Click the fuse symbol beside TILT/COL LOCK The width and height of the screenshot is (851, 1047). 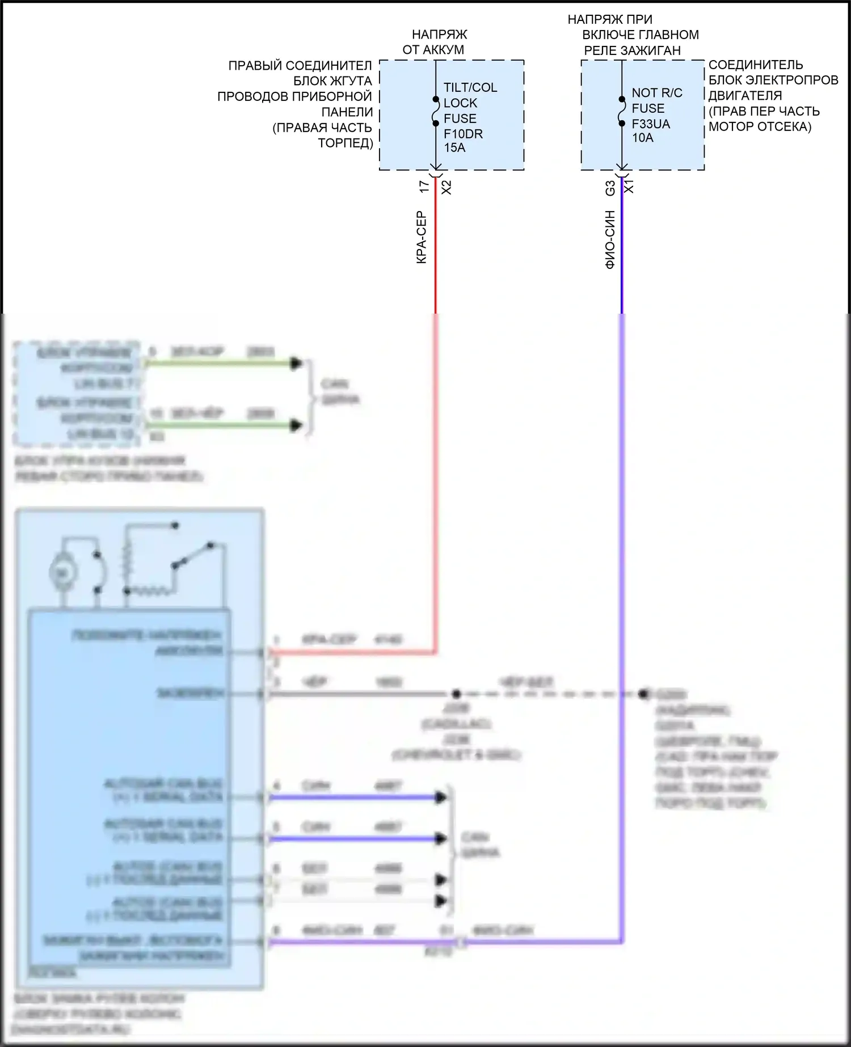tap(436, 111)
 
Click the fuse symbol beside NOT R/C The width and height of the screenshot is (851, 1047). tap(622, 111)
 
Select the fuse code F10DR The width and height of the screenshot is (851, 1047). tap(463, 134)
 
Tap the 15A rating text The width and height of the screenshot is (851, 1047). tap(454, 148)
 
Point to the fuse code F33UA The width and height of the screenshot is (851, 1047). tap(651, 124)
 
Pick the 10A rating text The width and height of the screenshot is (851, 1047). tap(642, 138)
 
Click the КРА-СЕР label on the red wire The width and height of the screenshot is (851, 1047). tap(422, 238)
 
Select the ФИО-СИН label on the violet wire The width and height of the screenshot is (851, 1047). tap(610, 239)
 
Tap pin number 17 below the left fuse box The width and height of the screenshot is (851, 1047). tap(424, 187)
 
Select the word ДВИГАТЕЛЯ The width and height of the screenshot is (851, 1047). tap(745, 95)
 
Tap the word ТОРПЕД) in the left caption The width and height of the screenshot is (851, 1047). tap(346, 142)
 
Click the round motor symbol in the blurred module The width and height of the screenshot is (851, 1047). tap(59, 573)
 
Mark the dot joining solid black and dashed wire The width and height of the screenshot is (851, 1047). tap(455, 694)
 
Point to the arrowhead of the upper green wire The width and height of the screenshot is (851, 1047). tap(296, 364)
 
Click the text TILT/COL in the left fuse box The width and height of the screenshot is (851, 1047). tap(470, 87)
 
